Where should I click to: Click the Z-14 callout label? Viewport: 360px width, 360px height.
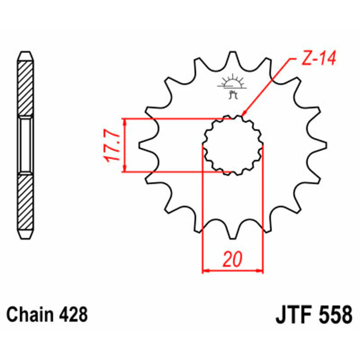pyautogui.click(x=319, y=57)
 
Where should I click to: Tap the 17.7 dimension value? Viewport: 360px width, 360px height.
pyautogui.click(x=112, y=146)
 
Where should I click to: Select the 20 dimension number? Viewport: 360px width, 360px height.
pyautogui.click(x=233, y=259)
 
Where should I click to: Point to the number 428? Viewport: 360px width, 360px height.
pyautogui.click(x=73, y=314)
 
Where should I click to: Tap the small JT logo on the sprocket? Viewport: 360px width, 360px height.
pyautogui.click(x=233, y=87)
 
